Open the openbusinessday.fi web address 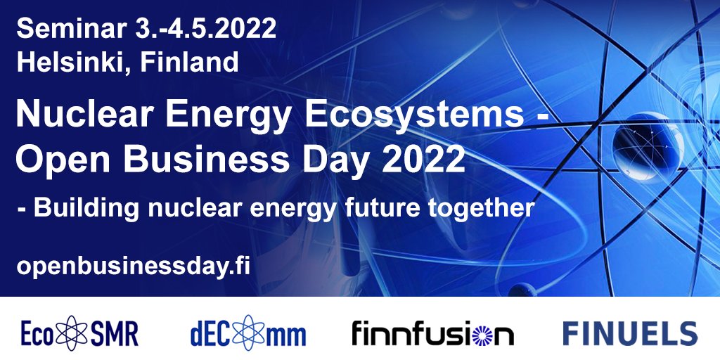134,266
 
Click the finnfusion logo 432,333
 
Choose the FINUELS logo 629,333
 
